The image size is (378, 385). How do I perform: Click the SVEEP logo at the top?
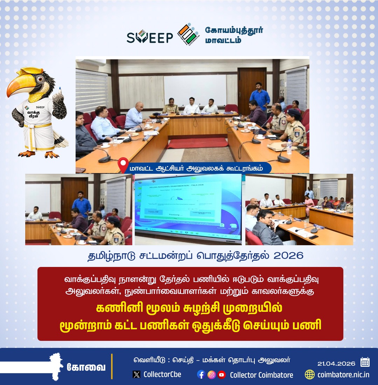(x=150, y=36)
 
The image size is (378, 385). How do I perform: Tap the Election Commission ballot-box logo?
(x=188, y=35)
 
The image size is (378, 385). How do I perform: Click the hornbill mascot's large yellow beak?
(x=21, y=85)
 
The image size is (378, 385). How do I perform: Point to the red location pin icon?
(x=122, y=165)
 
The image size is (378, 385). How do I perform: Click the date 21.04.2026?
(x=336, y=363)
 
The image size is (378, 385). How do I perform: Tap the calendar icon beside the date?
(x=365, y=362)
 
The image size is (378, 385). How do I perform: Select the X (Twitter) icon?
(x=136, y=374)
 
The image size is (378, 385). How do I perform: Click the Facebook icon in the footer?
(x=201, y=374)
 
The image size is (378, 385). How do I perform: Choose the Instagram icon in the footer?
(x=211, y=374)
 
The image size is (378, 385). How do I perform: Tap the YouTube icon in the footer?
(x=222, y=374)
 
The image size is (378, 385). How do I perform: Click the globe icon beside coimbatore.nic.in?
(x=310, y=374)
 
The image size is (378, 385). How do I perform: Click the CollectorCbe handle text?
(x=162, y=374)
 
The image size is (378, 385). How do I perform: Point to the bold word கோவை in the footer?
(x=86, y=367)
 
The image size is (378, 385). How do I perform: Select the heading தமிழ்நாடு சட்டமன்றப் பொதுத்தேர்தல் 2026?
(x=195, y=256)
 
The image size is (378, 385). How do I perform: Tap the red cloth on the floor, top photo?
(x=198, y=143)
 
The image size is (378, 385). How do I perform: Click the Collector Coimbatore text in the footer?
(x=261, y=375)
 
